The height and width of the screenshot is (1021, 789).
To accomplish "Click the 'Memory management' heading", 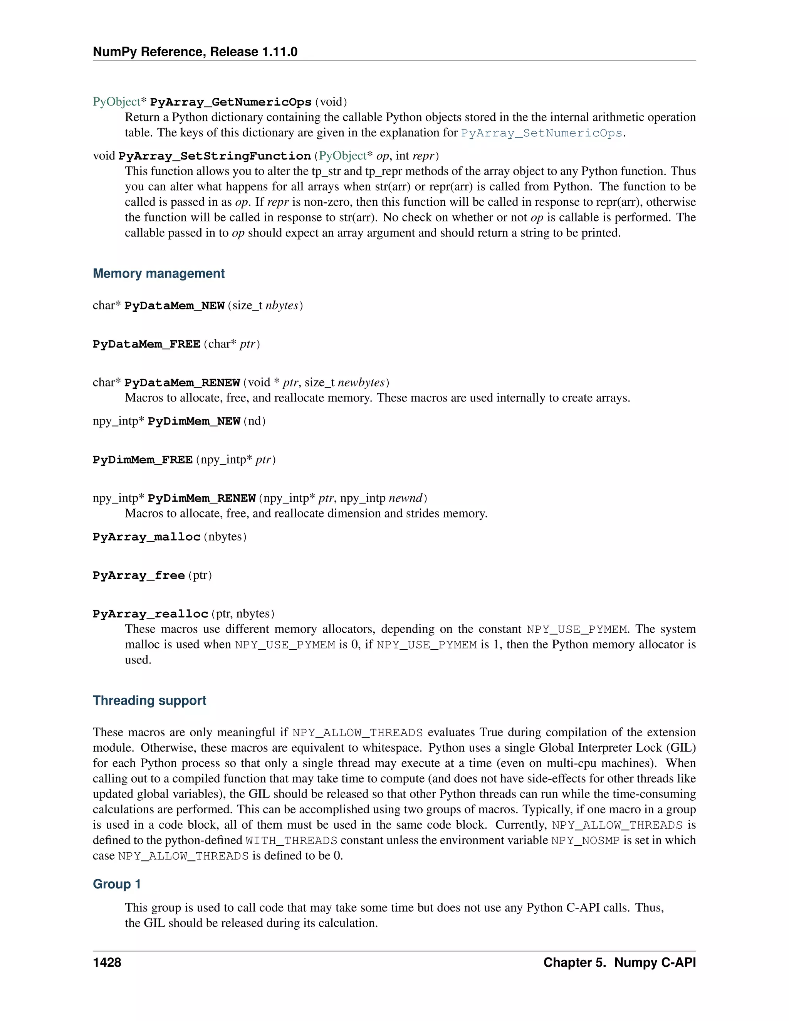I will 158,274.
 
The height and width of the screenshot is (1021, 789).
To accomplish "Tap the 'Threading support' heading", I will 149,700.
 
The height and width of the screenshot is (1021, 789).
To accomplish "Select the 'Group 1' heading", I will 116,884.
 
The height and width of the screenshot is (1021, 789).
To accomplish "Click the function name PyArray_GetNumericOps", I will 230,102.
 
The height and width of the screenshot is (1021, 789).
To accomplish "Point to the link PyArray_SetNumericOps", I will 541,133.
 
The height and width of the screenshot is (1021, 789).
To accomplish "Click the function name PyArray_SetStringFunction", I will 215,156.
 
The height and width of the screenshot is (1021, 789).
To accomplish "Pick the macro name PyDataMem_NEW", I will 175,306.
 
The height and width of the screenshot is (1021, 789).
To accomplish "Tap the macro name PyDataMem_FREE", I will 146,344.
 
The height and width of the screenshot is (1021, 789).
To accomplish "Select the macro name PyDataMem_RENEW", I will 182,383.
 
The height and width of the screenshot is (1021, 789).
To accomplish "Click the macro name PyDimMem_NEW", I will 193,421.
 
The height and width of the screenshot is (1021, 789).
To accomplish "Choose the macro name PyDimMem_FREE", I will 143,460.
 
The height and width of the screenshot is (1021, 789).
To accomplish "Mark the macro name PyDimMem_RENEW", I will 201,498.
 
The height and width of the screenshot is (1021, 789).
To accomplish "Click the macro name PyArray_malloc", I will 146,537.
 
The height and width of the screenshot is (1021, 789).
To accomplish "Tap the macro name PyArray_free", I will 138,576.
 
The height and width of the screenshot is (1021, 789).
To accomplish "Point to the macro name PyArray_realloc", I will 150,614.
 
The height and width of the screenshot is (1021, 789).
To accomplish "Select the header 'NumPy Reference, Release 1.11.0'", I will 195,52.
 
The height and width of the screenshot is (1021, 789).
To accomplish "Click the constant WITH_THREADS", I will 291,841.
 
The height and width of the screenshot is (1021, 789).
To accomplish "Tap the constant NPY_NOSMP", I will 585,841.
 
